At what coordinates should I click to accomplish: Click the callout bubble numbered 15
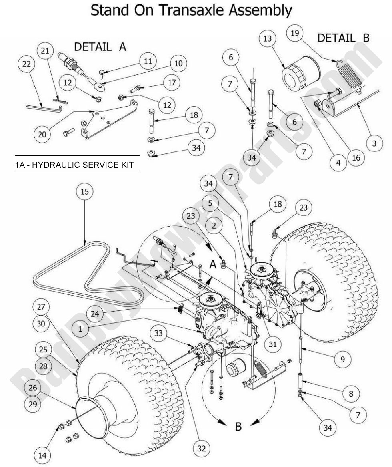click(x=85, y=192)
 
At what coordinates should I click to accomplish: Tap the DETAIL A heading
click(x=100, y=46)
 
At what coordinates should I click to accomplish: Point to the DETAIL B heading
click(x=343, y=38)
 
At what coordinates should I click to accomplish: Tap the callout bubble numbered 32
click(x=202, y=449)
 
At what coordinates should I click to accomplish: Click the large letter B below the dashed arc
click(x=238, y=427)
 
